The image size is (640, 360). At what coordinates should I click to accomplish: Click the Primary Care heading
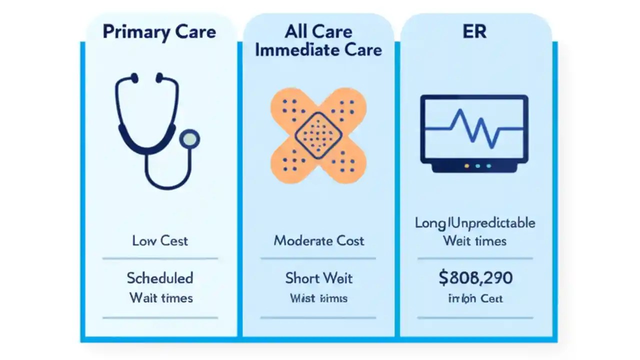(x=159, y=32)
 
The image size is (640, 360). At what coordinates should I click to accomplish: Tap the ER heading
(x=474, y=31)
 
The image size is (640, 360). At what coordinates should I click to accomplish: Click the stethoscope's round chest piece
(x=189, y=139)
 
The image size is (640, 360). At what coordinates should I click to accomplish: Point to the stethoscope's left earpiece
(x=134, y=77)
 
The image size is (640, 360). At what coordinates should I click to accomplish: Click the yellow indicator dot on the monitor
(x=467, y=165)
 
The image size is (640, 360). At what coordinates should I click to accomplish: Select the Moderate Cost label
(x=318, y=240)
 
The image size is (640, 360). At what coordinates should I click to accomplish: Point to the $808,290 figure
(x=475, y=278)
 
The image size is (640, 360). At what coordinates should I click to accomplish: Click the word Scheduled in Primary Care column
(x=160, y=277)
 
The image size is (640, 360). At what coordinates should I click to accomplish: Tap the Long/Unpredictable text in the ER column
(x=475, y=222)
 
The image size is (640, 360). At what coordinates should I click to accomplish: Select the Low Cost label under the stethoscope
(x=160, y=240)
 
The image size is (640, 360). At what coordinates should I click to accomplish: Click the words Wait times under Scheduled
(x=161, y=298)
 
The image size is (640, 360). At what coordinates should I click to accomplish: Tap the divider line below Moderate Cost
(x=318, y=258)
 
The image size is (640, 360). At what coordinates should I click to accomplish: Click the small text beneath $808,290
(x=475, y=298)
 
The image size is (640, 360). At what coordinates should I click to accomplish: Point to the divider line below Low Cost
(x=160, y=258)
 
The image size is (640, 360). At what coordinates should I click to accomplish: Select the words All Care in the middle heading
(x=318, y=32)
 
